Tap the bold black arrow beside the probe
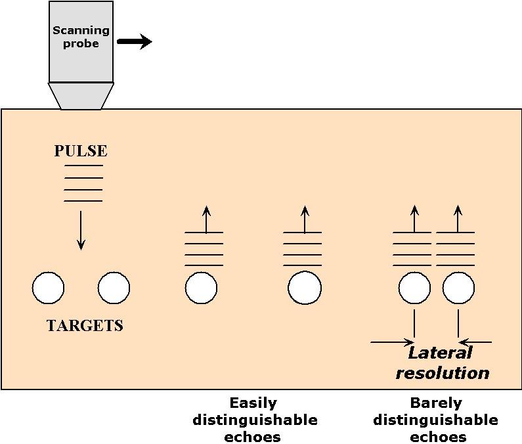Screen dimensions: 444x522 click(135, 42)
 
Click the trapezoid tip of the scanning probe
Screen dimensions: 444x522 click(81, 96)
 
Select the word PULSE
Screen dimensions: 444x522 click(80, 151)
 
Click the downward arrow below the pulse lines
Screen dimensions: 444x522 click(81, 230)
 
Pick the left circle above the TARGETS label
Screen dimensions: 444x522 click(49, 288)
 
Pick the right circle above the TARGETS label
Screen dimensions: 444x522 click(114, 288)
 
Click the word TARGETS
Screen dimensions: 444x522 click(85, 326)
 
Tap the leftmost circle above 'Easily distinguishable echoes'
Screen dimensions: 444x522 click(201, 288)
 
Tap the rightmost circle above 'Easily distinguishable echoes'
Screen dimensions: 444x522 click(305, 288)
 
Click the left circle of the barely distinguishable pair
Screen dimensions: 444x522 click(414, 288)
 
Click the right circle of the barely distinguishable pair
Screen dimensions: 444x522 click(458, 288)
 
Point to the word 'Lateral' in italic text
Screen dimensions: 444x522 click(440, 353)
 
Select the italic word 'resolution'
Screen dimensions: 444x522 click(443, 373)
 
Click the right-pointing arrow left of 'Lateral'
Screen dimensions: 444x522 click(392, 342)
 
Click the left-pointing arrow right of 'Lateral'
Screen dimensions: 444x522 click(475, 342)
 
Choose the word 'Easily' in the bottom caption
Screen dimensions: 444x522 click(253, 403)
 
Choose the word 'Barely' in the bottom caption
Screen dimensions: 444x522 click(435, 403)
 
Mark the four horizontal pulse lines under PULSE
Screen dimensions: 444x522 click(83, 183)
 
